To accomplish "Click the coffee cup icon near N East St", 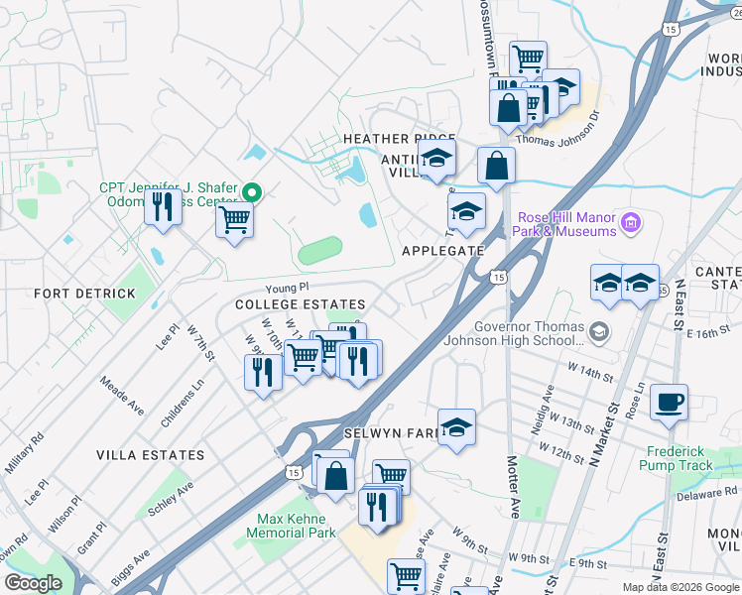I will (670, 402).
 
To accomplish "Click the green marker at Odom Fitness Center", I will (253, 192).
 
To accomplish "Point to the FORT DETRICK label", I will (84, 295).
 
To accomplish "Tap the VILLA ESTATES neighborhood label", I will (150, 455).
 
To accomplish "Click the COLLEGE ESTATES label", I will (300, 304).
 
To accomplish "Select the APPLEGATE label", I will (442, 251).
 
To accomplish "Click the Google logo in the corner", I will (33, 583).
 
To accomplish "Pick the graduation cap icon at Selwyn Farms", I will (456, 427).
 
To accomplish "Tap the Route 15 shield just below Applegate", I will (498, 277).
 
